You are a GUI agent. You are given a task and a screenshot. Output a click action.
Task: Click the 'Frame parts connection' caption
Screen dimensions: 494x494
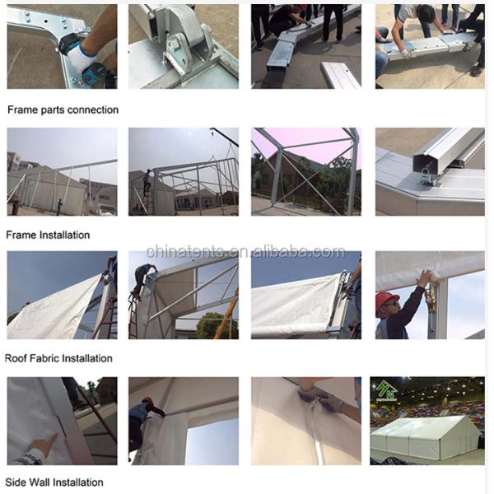[x=63, y=110]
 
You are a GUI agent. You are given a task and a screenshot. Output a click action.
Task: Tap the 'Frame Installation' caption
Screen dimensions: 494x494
[x=48, y=235]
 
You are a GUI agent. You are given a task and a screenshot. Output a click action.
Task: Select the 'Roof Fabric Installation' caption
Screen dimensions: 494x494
[x=58, y=358]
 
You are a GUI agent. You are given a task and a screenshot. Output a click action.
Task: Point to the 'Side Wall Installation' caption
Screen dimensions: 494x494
[x=54, y=482]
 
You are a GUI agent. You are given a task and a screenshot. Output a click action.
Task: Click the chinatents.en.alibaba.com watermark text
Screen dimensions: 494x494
[x=245, y=252]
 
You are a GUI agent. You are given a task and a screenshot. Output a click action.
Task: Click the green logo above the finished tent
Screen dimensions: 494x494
[x=385, y=390]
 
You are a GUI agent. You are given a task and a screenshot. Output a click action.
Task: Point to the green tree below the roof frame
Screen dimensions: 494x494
[x=213, y=325]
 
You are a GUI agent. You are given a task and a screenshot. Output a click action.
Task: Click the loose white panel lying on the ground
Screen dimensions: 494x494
[x=341, y=74]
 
